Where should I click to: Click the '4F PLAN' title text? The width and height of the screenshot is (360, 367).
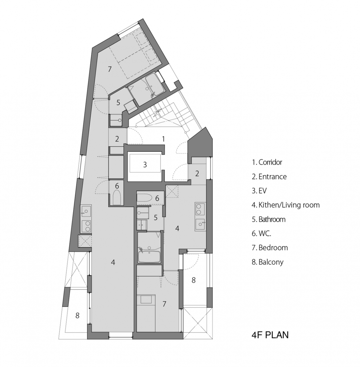pyautogui.click(x=270, y=335)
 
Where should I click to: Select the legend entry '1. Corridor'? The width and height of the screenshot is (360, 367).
pyautogui.click(x=267, y=162)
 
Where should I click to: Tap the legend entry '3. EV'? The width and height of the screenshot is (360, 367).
pyautogui.click(x=259, y=191)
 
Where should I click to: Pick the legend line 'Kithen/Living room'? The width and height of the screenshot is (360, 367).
pyautogui.click(x=289, y=205)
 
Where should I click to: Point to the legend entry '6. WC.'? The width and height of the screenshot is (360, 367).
pyautogui.click(x=261, y=233)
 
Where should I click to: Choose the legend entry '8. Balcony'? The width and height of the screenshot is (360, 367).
pyautogui.click(x=267, y=262)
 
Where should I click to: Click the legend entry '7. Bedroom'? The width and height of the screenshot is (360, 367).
pyautogui.click(x=270, y=247)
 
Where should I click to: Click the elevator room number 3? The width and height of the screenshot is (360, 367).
pyautogui.click(x=145, y=164)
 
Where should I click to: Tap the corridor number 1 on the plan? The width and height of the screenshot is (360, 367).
pyautogui.click(x=163, y=139)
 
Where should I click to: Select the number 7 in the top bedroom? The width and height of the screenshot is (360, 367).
pyautogui.click(x=110, y=69)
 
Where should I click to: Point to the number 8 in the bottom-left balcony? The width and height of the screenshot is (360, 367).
pyautogui.click(x=78, y=316)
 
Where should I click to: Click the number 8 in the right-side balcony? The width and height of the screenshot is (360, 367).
pyautogui.click(x=193, y=280)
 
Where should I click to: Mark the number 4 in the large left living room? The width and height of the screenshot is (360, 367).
pyautogui.click(x=113, y=262)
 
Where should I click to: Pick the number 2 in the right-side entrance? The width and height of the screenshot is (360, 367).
pyautogui.click(x=197, y=174)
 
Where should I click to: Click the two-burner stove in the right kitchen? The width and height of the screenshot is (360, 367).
pyautogui.click(x=199, y=209)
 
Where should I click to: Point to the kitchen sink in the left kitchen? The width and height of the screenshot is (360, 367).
pyautogui.click(x=86, y=211)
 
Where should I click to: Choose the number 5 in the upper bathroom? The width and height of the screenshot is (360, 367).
pyautogui.click(x=118, y=102)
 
